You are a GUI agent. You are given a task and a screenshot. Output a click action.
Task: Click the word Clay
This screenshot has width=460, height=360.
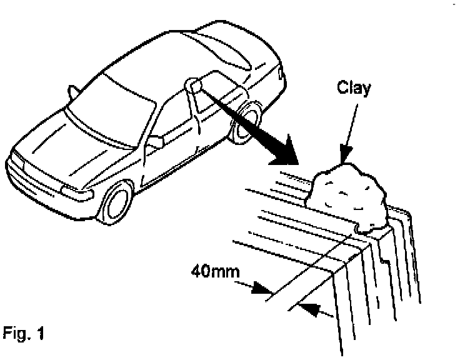point(354,87)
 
